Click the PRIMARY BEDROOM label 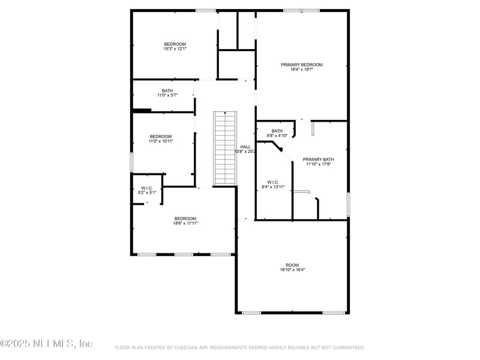coord(302,65)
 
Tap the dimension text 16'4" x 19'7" coord(302,70)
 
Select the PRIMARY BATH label coord(318,159)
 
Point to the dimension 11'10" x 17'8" coord(318,164)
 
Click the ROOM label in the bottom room coord(292,265)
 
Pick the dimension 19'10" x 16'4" coord(292,269)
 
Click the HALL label coord(245,146)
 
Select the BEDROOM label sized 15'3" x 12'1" coord(175,44)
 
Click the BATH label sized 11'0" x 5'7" coord(167,91)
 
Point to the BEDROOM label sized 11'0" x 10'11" coord(161,136)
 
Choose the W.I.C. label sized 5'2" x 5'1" coord(147,188)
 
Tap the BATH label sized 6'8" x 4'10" coord(277,131)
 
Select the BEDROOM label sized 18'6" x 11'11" coord(185,218)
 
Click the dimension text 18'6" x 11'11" coord(185,223)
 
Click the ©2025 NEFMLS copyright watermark coord(46,344)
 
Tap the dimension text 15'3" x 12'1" coord(175,49)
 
